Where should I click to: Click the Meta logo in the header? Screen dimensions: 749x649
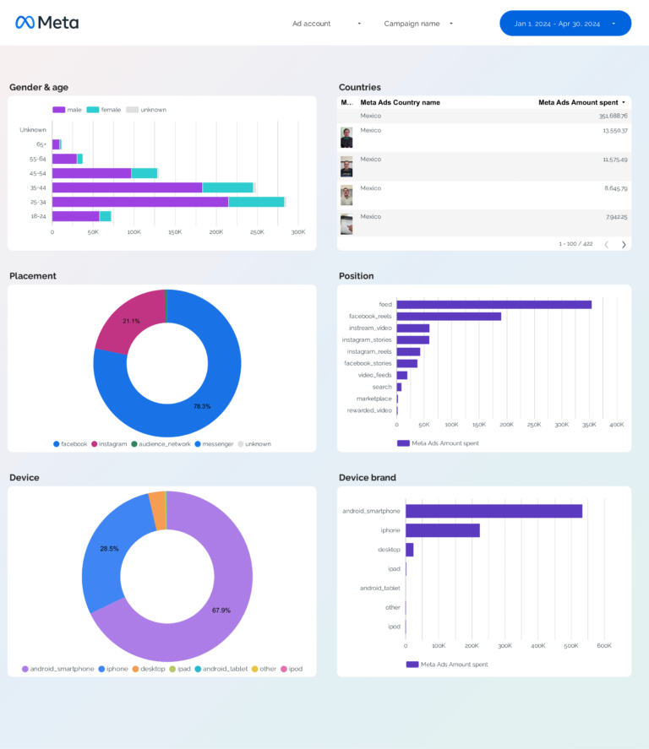[x=46, y=23]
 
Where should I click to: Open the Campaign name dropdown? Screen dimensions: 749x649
[x=418, y=24]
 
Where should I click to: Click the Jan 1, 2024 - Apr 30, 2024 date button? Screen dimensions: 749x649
[x=564, y=24]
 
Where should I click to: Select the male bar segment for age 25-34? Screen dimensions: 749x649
[x=139, y=202]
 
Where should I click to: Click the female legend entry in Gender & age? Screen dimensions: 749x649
[x=105, y=110]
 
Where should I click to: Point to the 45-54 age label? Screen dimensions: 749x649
[x=37, y=173]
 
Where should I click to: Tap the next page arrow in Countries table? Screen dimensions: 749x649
[x=624, y=244]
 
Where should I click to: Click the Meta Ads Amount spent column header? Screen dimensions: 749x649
[x=578, y=102]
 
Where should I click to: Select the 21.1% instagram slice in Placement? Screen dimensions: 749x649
[x=128, y=320]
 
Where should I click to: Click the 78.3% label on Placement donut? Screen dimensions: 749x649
[x=201, y=406]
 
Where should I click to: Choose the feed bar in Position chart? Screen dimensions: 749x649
[x=494, y=305]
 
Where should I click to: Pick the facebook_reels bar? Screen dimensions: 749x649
[x=448, y=317]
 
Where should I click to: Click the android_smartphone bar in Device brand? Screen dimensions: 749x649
[x=494, y=511]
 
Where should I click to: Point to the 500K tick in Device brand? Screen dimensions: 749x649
[x=570, y=646]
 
